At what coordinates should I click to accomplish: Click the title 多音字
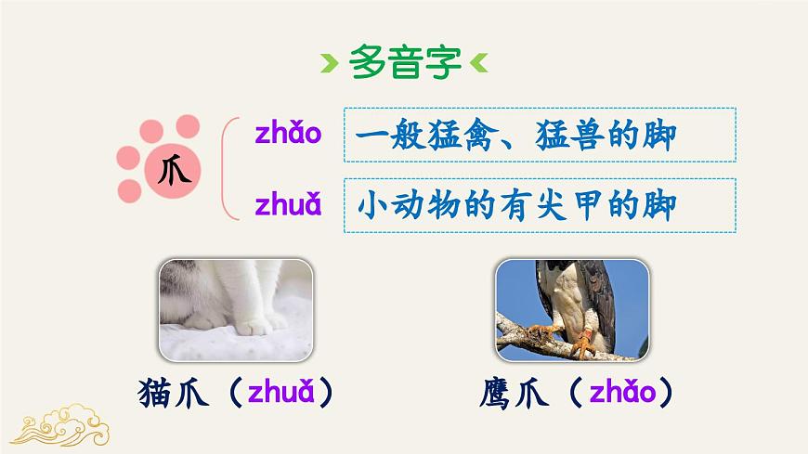click(405, 64)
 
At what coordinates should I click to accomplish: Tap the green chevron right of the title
click(479, 65)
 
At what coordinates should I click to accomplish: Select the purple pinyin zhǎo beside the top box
click(288, 134)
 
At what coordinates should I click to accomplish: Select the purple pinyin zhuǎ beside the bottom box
click(288, 204)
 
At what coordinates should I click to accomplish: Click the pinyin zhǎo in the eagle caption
click(621, 395)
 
